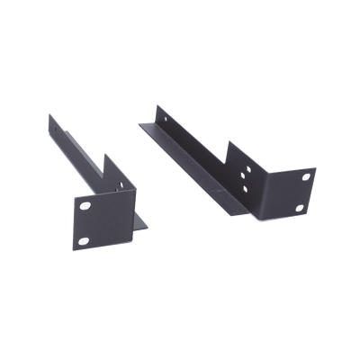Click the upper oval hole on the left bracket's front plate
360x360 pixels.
[85, 206]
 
